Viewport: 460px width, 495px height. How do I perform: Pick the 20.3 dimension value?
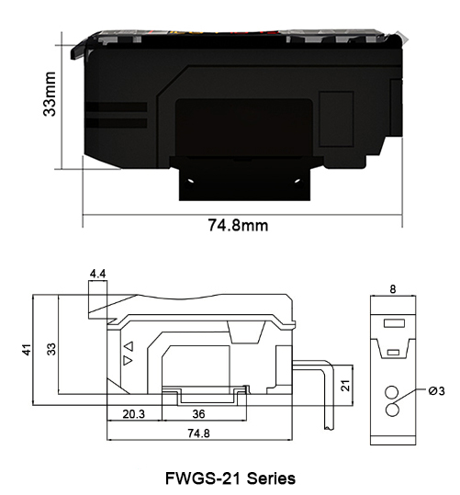click(134, 413)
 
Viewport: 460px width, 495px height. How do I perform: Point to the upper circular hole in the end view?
click(392, 388)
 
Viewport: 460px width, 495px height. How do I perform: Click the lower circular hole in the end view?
click(392, 410)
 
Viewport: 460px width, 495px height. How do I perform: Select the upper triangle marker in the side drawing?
click(129, 346)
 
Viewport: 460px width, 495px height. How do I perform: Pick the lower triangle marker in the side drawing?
click(129, 361)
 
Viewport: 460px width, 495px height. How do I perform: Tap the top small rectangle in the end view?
click(392, 322)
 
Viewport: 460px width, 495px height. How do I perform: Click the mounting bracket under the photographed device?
click(243, 178)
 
